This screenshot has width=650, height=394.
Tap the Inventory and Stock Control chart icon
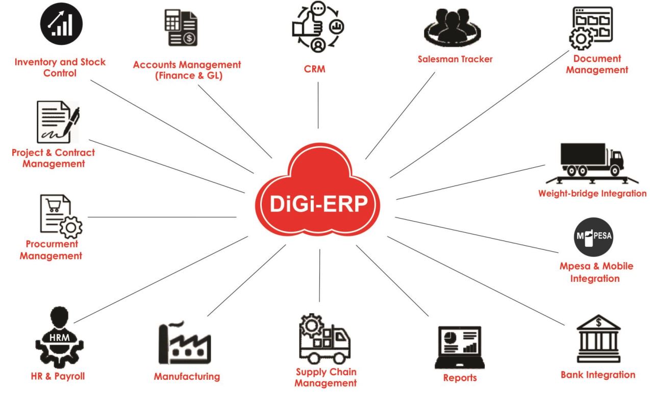pos(61,25)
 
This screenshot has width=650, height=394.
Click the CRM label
pos(318,70)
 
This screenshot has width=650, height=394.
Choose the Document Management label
pos(596,65)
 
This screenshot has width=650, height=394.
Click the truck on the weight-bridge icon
pos(592,160)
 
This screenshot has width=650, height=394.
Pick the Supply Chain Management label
pos(326,377)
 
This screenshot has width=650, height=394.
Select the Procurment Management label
pos(51,250)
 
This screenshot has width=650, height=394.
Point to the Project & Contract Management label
pos(53,158)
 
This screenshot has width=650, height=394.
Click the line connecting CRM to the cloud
pos(318,105)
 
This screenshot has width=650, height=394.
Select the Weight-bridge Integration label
pos(592,194)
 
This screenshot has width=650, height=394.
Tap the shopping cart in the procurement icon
pos(53,205)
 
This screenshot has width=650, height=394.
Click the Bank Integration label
pos(597,375)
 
